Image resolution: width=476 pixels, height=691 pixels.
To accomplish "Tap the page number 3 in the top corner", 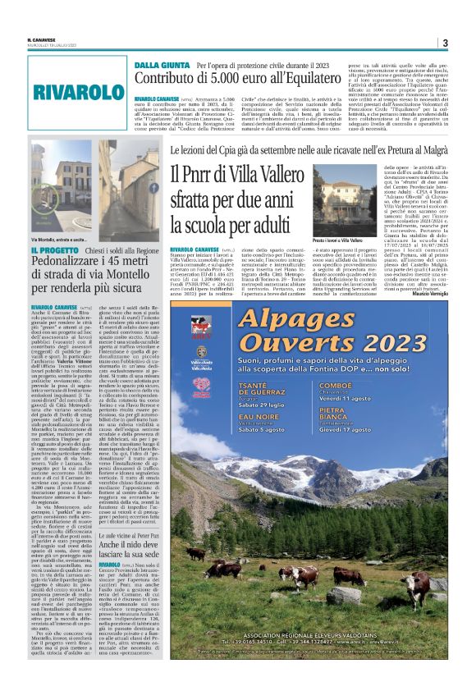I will [445, 43].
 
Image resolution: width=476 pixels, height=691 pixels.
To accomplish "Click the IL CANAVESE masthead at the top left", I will [42, 39].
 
